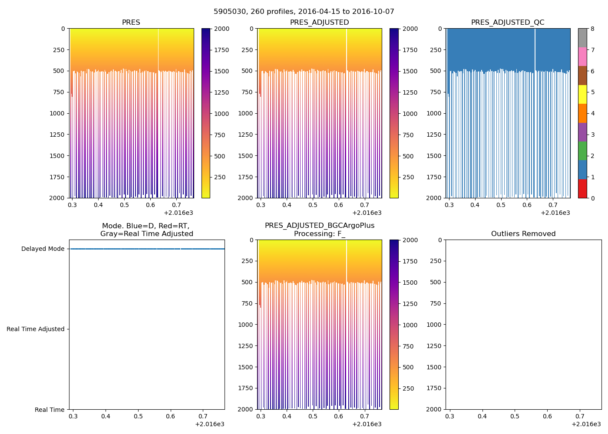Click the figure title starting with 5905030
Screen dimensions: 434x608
304,12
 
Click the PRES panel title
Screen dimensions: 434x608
131,23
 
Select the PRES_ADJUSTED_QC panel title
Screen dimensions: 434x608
507,23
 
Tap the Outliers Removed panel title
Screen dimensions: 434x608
523,234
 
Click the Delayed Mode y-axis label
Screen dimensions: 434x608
43,249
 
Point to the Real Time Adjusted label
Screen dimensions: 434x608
35,329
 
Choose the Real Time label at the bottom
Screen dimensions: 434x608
50,410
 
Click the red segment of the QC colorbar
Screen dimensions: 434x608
582,188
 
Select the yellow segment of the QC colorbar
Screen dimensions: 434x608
582,94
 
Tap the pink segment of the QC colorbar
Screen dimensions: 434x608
582,56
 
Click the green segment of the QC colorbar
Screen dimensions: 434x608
582,151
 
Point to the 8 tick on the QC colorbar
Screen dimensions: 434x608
592,29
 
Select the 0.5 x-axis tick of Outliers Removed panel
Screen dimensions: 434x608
515,416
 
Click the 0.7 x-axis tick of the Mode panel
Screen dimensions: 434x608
203,416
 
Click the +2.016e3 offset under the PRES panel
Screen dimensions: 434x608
178,213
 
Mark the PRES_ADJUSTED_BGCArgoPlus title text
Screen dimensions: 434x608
319,226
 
